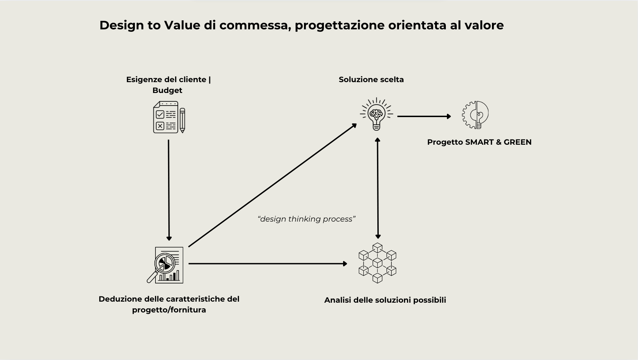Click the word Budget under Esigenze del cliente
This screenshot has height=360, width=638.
[167, 90]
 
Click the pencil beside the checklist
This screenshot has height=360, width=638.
[182, 120]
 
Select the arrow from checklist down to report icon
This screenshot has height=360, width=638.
[169, 189]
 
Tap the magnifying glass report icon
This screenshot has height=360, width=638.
[165, 265]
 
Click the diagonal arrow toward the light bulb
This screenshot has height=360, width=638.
[273, 185]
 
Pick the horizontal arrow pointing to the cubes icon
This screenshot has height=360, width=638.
[267, 264]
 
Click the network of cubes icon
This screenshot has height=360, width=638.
[377, 263]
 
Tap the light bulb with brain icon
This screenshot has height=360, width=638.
[376, 114]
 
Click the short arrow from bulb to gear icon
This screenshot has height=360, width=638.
[424, 116]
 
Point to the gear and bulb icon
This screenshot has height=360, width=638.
[475, 115]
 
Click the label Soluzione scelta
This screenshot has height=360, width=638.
[371, 79]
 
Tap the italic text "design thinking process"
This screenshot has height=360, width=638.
[306, 219]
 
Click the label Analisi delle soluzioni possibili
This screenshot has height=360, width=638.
[385, 300]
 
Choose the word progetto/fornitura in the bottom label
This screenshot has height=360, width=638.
[169, 310]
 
